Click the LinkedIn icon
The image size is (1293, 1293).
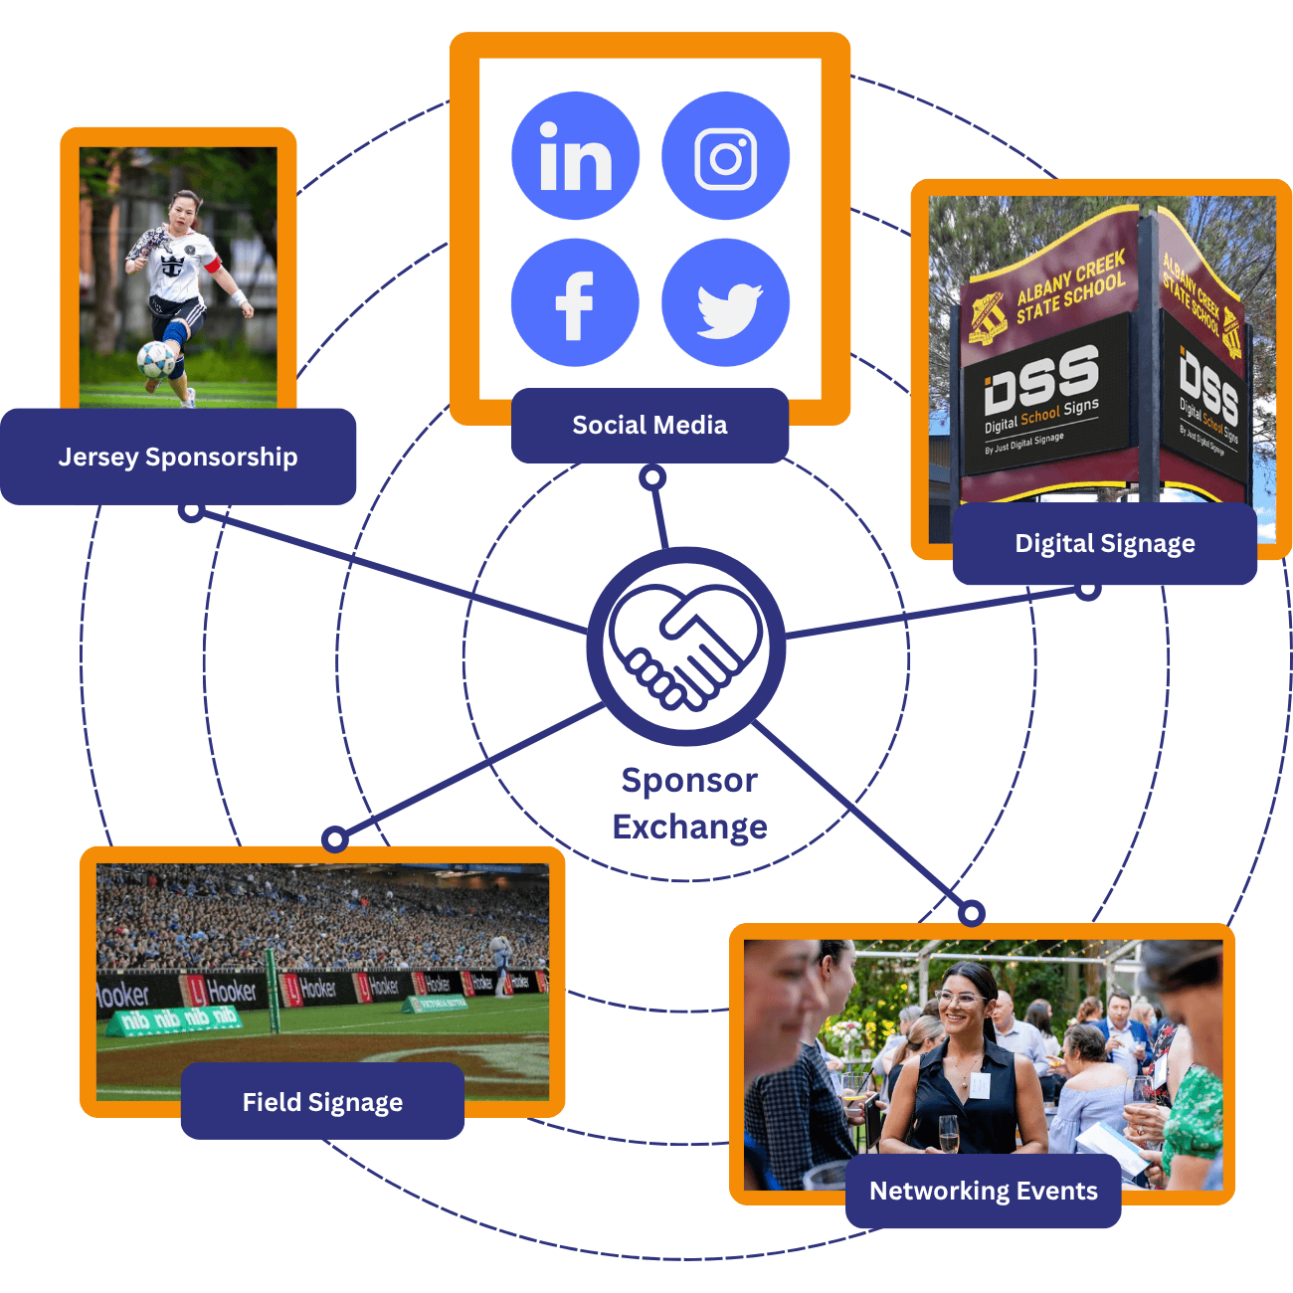[x=575, y=156]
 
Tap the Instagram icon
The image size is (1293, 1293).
[x=725, y=156]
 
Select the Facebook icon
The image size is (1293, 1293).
[x=575, y=302]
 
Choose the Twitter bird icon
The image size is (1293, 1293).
[x=726, y=303]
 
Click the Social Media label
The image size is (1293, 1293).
[x=649, y=426]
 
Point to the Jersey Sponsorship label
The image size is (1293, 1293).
[x=178, y=457]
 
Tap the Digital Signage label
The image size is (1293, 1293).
[x=1104, y=543]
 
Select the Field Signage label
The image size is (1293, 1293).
[x=322, y=1101]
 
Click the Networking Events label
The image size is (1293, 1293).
[x=983, y=1191]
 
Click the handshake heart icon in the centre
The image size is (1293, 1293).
[x=686, y=646]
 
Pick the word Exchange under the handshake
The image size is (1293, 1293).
[x=689, y=827]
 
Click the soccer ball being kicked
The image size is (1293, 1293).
[x=155, y=358]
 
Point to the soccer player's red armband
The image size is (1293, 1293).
[x=210, y=265]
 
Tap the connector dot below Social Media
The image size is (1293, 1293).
[x=652, y=477]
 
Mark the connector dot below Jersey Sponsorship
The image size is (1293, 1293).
[x=192, y=509]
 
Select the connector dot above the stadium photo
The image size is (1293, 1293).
[x=335, y=838]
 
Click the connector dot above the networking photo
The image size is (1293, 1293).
[x=972, y=912]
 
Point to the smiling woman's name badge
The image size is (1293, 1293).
[x=980, y=1085]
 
